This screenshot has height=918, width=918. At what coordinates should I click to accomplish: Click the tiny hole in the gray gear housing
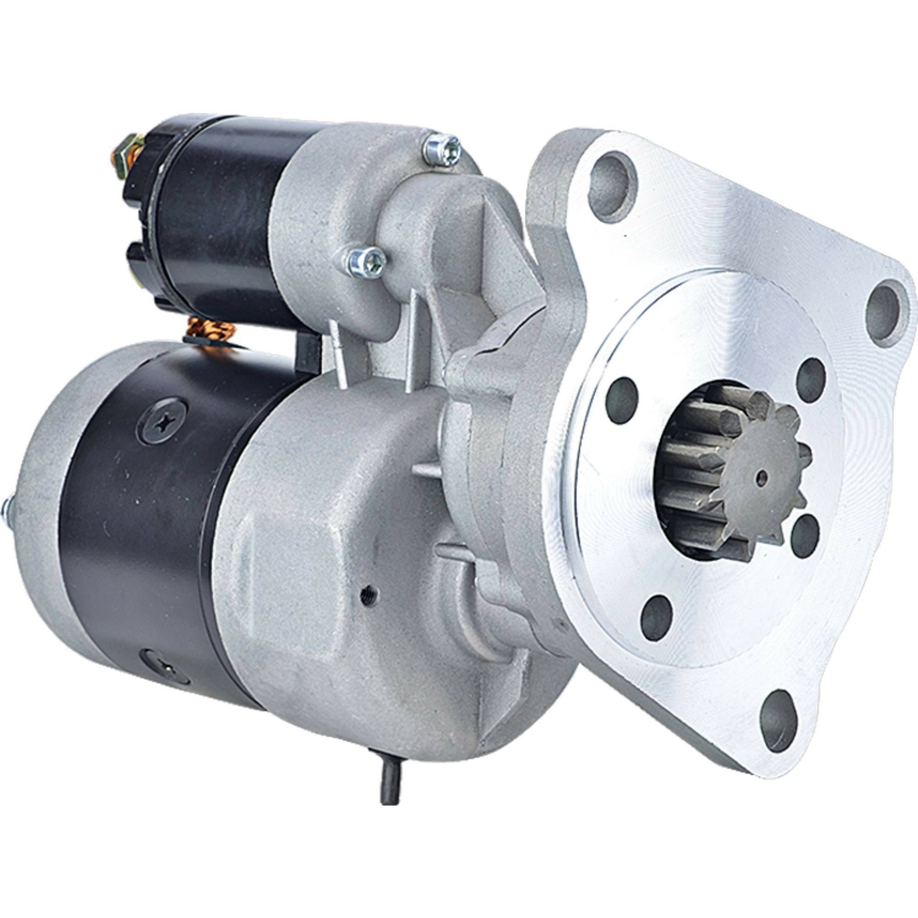[x=365, y=594]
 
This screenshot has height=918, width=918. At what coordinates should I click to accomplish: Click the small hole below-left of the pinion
[x=656, y=617]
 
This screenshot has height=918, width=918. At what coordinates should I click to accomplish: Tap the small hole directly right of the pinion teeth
[x=804, y=536]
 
